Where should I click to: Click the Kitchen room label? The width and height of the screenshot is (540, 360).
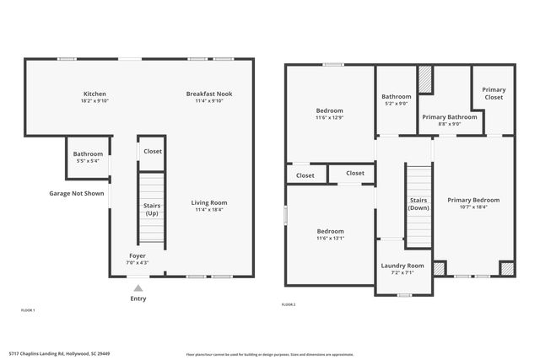click(94, 94)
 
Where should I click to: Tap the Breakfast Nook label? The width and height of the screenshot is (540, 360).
click(209, 94)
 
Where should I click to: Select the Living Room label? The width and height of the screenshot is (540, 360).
click(209, 202)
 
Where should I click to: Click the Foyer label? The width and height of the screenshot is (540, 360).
click(138, 255)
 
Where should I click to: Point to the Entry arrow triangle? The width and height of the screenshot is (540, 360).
click(138, 287)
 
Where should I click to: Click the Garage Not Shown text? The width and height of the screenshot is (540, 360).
click(77, 193)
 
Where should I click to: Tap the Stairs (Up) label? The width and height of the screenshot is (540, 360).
click(152, 209)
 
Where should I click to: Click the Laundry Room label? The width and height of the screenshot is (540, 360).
click(402, 266)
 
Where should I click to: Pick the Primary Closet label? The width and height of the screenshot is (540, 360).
click(494, 94)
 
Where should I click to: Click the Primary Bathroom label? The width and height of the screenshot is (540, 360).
click(450, 117)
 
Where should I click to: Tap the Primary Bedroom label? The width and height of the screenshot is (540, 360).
click(473, 200)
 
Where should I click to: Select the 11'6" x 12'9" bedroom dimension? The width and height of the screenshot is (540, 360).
click(329, 118)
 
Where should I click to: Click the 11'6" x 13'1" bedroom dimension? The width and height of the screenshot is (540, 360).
click(330, 239)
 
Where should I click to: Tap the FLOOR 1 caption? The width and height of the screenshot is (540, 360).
click(28, 311)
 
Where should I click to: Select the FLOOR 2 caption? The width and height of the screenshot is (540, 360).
click(289, 304)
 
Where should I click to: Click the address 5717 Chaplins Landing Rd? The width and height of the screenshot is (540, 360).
click(59, 354)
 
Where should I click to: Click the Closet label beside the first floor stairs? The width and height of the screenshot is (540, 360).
click(153, 151)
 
